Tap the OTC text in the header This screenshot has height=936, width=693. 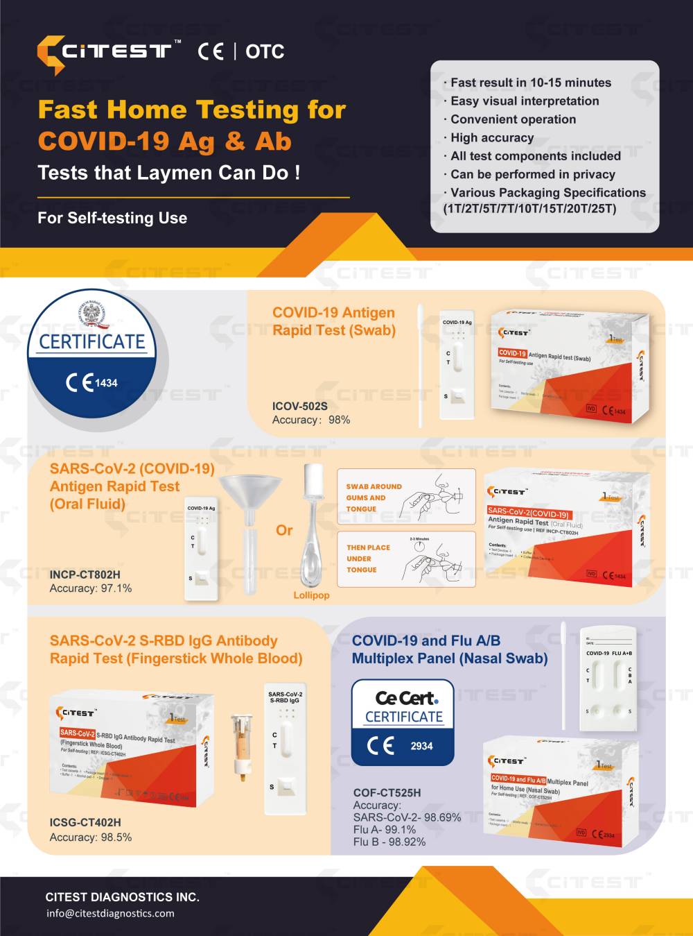265,51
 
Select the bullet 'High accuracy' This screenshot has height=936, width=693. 492,137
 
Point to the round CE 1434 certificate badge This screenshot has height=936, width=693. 91,357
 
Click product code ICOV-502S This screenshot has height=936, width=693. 299,406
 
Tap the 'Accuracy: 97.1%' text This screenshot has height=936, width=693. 91,588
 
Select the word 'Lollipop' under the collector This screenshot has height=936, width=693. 311,595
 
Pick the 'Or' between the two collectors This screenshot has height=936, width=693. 284,531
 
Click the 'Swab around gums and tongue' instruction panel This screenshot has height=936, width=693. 406,497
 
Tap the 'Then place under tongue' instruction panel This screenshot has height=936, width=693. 406,559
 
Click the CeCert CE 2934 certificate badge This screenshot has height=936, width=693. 403,722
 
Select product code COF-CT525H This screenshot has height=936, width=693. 387,792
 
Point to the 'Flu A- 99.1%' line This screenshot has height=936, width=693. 385,830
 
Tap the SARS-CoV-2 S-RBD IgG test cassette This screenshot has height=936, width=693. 285,749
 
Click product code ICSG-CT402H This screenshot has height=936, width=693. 85,822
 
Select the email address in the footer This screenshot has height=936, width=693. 110,913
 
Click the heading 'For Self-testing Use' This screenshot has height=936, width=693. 112,218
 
